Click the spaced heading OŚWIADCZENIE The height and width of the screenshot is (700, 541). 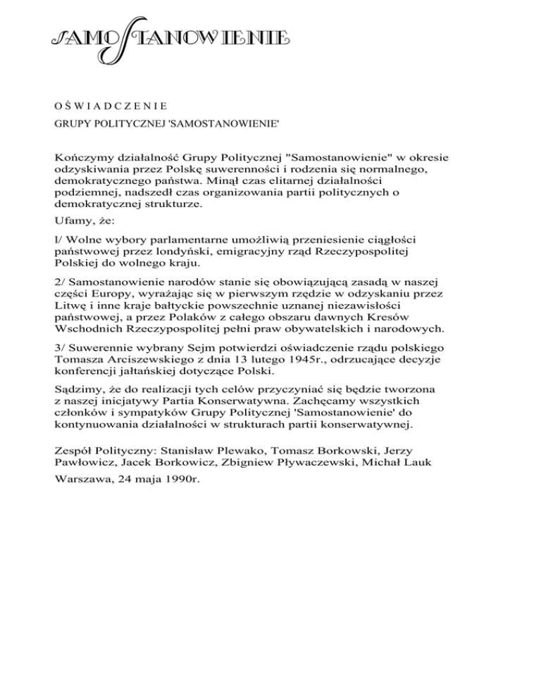(109, 107)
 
